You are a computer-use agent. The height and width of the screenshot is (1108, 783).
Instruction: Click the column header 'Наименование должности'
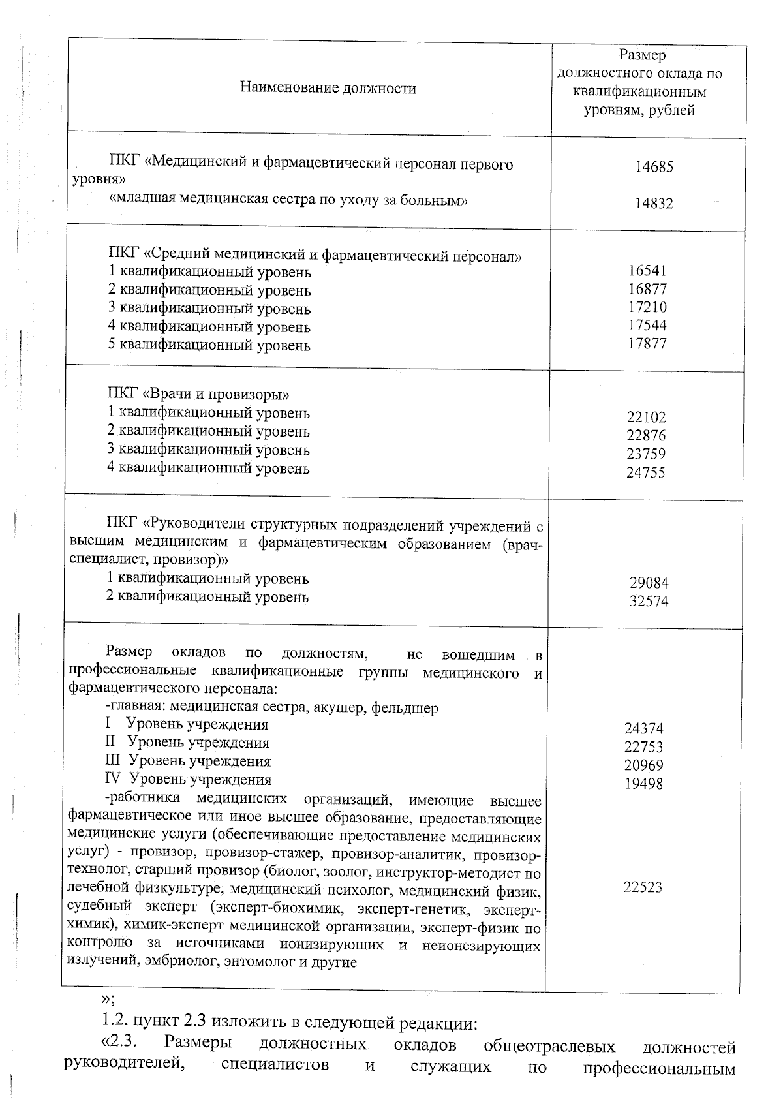click(x=328, y=88)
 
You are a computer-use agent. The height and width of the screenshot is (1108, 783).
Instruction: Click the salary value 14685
click(x=654, y=167)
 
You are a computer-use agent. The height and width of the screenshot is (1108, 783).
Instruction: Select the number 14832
click(x=654, y=204)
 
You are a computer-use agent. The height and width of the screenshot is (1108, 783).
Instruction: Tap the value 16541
click(x=647, y=271)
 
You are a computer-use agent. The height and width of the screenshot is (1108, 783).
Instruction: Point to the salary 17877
click(x=647, y=343)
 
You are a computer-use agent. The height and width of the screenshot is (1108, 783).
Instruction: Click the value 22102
click(x=646, y=418)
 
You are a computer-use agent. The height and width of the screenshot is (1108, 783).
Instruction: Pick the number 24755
click(x=646, y=472)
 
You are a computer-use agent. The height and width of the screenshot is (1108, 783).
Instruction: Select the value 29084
click(x=649, y=583)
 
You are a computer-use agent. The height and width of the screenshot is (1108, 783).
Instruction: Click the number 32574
click(x=649, y=602)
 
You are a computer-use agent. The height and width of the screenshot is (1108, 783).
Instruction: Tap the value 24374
click(x=643, y=729)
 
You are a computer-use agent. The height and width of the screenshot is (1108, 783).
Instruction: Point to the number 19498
click(x=643, y=784)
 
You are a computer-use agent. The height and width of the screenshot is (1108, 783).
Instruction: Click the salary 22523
click(x=643, y=887)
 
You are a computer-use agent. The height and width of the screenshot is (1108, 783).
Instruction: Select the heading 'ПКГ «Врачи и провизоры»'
click(x=198, y=394)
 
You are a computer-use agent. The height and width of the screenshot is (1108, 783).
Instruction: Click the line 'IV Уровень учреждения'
click(x=188, y=779)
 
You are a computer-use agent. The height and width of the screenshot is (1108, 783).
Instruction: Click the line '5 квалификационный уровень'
click(x=209, y=345)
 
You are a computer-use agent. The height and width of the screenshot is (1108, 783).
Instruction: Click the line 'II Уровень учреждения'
click(x=187, y=743)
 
